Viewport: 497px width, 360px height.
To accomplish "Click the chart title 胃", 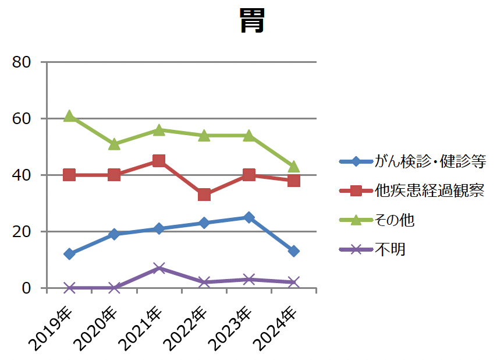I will tap(252, 22).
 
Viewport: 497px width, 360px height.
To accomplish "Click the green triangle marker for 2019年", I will tap(69, 116).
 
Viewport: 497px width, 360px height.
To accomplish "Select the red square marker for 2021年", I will tap(159, 161).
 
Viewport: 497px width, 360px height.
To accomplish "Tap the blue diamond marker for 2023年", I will tap(248, 217).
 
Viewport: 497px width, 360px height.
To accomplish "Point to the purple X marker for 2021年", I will tap(159, 268).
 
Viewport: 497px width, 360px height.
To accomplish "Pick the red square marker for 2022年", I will tap(204, 195).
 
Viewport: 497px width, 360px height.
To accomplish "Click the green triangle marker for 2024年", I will tap(293, 167).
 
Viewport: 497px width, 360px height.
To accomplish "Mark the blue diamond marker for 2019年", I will tap(69, 254).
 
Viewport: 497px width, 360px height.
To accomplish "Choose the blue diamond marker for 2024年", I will tap(293, 251).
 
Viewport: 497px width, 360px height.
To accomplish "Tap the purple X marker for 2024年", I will tap(293, 282).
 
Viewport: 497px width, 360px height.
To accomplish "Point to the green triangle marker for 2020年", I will tap(114, 144).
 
